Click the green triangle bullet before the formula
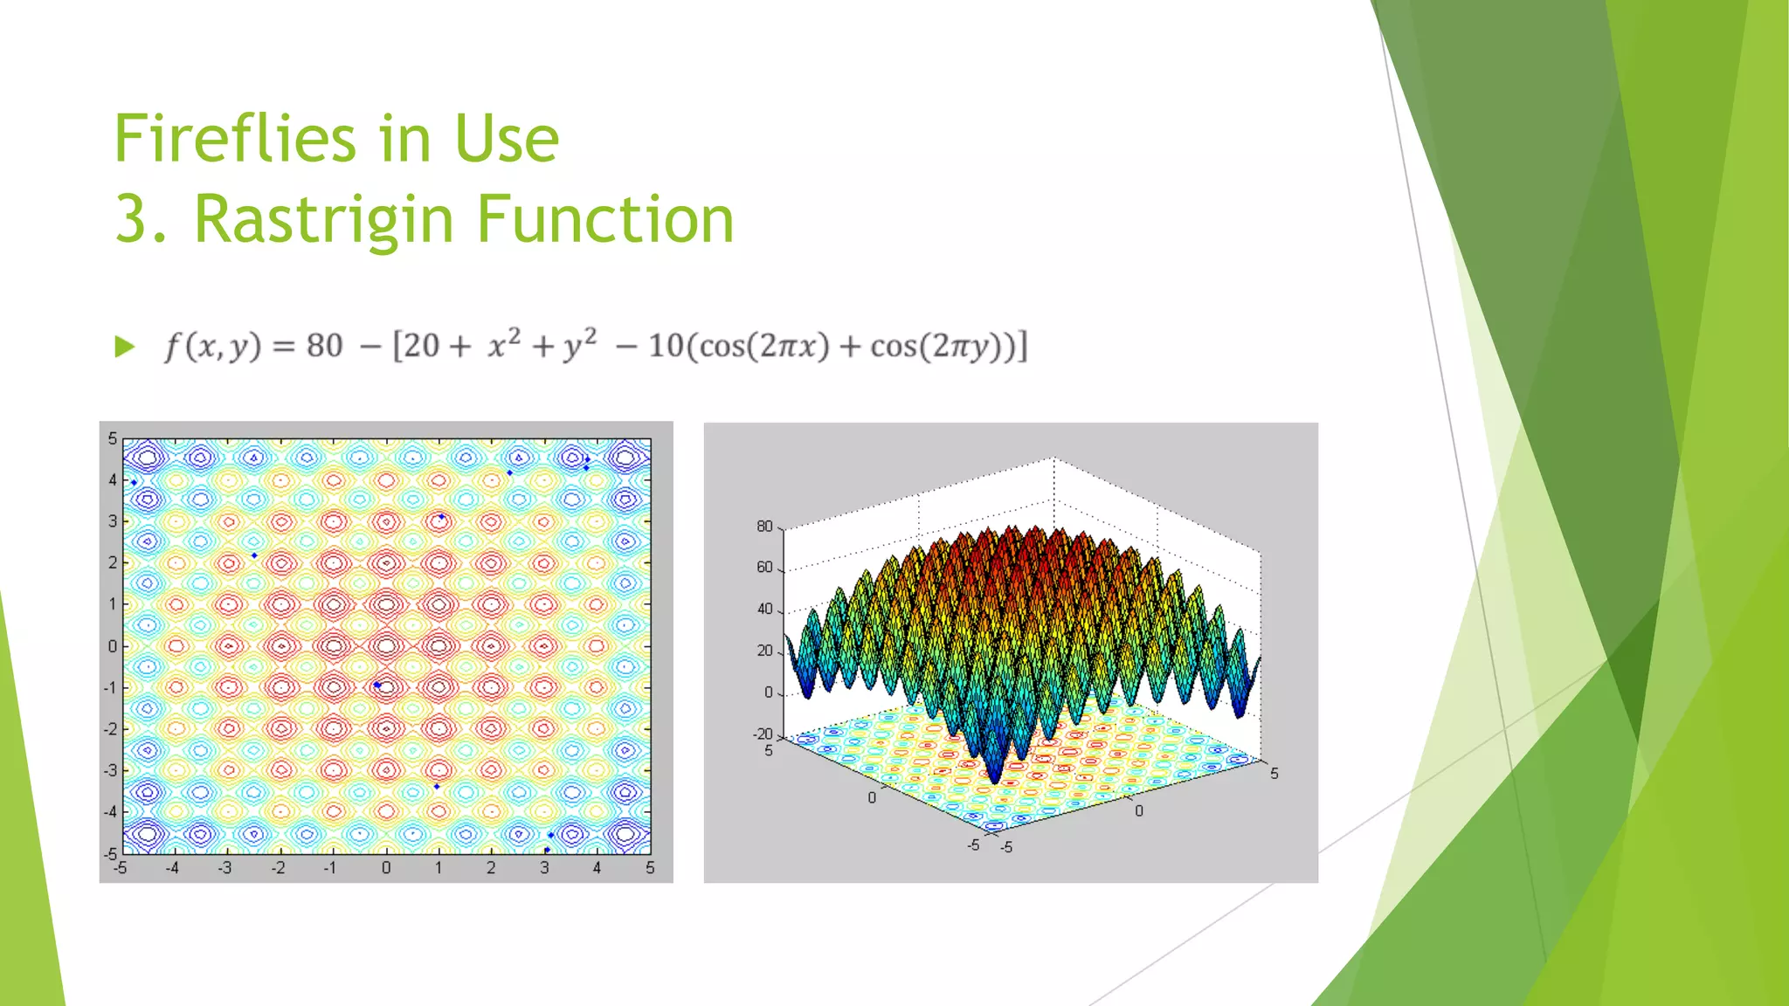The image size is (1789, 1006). (x=125, y=348)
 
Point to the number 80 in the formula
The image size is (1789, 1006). (x=324, y=346)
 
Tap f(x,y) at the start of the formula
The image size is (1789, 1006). (x=213, y=347)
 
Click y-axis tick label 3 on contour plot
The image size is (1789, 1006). (x=112, y=521)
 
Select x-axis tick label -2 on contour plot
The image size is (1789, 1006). (x=277, y=868)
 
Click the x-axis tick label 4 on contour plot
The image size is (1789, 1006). (x=597, y=868)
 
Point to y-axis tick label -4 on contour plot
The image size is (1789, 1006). (x=110, y=811)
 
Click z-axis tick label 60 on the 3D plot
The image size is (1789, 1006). (x=764, y=568)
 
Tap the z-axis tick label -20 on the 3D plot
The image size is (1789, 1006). (x=763, y=734)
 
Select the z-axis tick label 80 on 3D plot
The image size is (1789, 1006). (x=764, y=527)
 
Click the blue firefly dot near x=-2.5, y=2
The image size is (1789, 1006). (x=254, y=555)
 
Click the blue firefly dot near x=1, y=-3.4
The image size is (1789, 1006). (x=437, y=787)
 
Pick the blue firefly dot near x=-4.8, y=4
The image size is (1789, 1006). (x=134, y=482)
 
